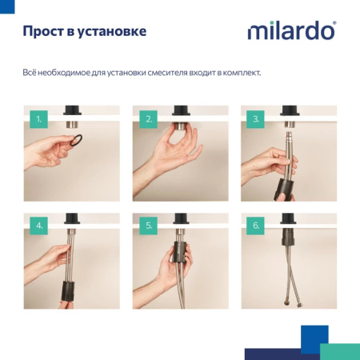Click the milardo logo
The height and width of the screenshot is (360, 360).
[x=290, y=32]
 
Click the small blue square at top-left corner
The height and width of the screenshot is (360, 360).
[x=5, y=4]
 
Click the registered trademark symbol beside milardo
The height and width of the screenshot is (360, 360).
[x=334, y=24]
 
